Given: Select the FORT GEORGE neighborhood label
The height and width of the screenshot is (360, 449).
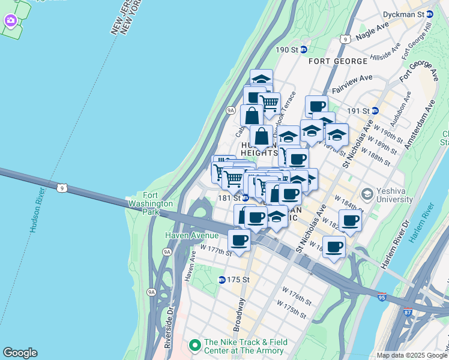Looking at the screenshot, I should pos(338,61).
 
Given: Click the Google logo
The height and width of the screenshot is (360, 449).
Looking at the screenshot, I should pos(20,353).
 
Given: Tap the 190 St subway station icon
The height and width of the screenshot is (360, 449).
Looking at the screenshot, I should pos(304,50).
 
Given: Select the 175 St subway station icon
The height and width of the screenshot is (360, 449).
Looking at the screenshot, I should pos(221,280).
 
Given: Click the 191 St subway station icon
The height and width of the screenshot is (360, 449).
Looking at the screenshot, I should pos(375,110).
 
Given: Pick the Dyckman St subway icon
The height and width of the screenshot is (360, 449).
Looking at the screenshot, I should pos(438,14).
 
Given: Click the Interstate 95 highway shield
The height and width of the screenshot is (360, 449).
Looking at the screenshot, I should pos(382,296).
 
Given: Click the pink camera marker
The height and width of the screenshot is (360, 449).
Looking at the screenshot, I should pos(10,21).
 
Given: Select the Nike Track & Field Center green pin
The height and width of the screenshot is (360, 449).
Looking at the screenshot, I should pos(194,346).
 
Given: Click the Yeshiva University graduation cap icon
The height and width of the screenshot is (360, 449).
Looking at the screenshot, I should pos(367,194).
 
